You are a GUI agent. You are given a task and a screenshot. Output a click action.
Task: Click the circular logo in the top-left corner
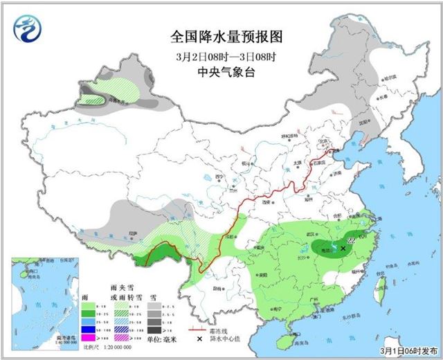coord(26,28)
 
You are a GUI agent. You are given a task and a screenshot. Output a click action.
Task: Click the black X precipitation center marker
coord(343,247)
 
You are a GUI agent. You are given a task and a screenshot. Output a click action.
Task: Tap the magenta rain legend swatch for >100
coord(89,336)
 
